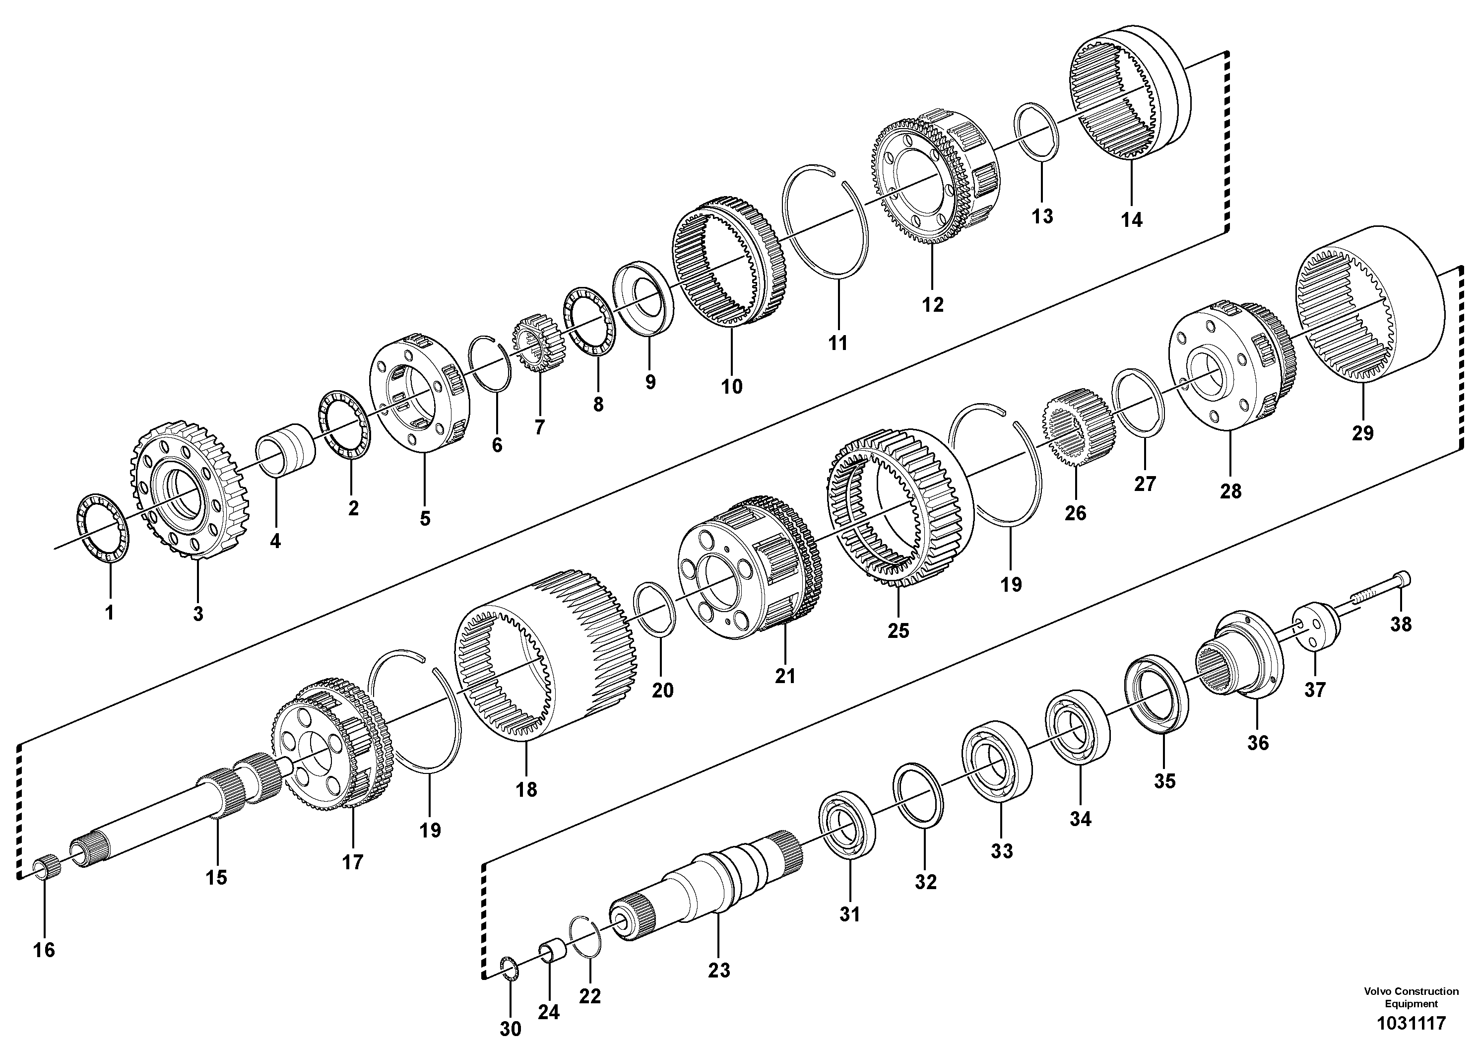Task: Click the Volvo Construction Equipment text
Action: click(x=1411, y=998)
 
